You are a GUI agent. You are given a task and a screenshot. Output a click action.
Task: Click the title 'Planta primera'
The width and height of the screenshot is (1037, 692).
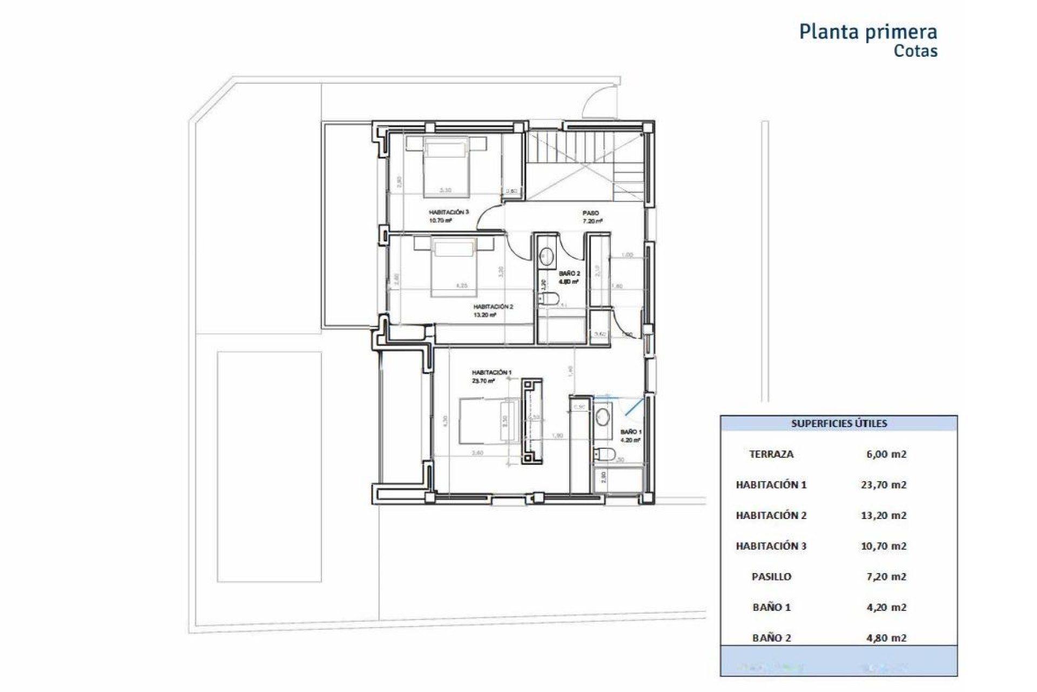coord(868,32)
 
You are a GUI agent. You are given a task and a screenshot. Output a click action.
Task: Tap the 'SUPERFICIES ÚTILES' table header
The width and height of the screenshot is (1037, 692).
coord(839,423)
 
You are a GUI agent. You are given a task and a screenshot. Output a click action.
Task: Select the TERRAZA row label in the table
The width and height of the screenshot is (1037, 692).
coord(771,454)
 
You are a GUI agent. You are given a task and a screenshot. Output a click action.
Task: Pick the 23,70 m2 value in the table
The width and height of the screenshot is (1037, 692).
coord(883,485)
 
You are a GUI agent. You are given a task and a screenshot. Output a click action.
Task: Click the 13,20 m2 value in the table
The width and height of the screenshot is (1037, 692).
coord(883,515)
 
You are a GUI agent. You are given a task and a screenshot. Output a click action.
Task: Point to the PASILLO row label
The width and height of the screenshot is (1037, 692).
coord(771,577)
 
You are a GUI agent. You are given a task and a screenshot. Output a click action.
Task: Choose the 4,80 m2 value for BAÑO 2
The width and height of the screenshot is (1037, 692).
coord(885,638)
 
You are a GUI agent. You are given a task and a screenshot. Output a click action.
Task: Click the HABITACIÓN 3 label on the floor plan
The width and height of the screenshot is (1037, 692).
coord(448,212)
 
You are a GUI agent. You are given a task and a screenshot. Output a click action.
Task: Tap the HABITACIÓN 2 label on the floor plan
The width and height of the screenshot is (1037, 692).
coord(493,307)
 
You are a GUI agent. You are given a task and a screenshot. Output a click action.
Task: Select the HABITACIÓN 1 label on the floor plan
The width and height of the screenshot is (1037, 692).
coord(491,372)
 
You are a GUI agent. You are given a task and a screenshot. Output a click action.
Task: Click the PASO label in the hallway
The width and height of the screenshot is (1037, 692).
coord(590,213)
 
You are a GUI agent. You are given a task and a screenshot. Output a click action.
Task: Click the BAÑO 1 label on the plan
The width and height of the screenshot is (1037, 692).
coord(630,432)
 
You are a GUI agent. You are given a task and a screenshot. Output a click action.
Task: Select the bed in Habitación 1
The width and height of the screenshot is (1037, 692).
coord(486,428)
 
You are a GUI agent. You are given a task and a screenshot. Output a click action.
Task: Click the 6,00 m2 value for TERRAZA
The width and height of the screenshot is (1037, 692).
coord(885,454)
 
